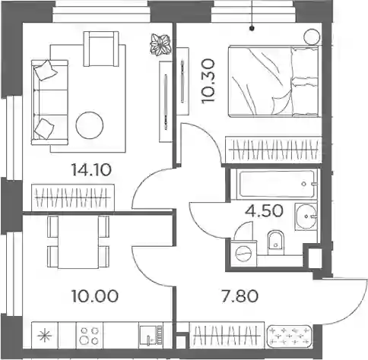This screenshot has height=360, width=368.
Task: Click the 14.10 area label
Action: coord(91,170)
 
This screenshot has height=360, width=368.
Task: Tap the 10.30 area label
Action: coord(208,81)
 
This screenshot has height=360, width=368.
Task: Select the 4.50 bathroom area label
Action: coord(264,211)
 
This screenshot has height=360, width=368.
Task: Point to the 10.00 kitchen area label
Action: coord(95,296)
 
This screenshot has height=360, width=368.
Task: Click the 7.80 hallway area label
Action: coord(240,296)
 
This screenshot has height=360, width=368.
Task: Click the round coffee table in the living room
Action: coord(90,125)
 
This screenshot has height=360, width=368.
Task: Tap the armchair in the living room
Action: coord(101,49)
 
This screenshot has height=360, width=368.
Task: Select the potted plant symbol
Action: coord(160,45)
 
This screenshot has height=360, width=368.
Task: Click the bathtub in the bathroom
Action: coord(277,184)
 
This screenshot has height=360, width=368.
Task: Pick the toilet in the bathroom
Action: coord(276,242)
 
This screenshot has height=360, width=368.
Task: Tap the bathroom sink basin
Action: coord(306,216)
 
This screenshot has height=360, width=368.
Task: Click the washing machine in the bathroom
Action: coord(244,253)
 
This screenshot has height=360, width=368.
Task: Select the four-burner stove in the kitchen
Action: coord(90,336)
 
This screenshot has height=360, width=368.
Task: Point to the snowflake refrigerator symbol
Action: coord(45,336)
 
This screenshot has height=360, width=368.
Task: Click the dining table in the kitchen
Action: coord(78,242)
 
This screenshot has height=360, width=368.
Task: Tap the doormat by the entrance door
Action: coord(289,336)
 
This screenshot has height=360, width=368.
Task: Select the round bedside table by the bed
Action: coord(312,36)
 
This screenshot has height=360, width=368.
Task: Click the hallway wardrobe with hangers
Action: coord(227,336)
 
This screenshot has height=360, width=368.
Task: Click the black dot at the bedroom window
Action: coord(252,28)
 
